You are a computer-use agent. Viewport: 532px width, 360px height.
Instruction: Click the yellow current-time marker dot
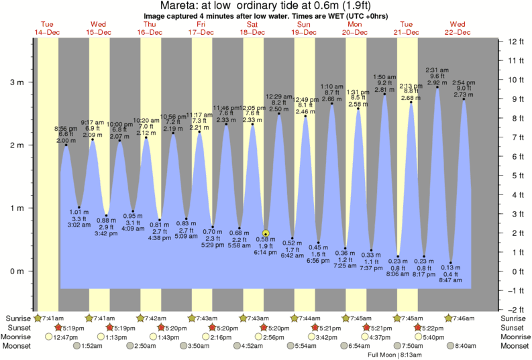point(266,234)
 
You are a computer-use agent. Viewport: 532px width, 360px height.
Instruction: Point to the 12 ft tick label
point(515,42)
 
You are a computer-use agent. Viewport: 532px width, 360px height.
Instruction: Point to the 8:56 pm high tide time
point(65,128)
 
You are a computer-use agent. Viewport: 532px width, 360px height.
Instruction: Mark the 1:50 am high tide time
point(385,77)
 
